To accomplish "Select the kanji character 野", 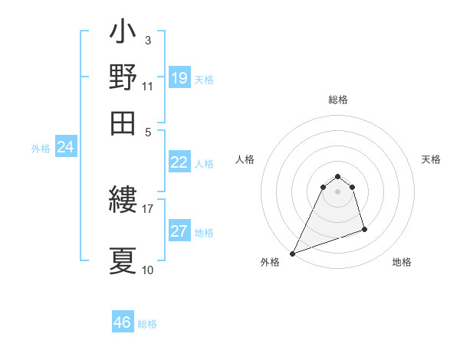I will tap(123, 77).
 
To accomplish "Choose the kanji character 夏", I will tap(123, 260).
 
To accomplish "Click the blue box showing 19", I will tap(179, 78).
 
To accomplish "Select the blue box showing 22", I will tap(179, 162).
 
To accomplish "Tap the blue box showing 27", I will tap(179, 232).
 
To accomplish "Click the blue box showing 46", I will tap(123, 322).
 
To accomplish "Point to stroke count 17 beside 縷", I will tap(147, 208).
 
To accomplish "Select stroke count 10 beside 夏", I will tap(147, 270).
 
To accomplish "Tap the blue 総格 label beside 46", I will tap(147, 324).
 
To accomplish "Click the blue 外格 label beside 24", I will tap(41, 149).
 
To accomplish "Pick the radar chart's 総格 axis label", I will tap(337, 100).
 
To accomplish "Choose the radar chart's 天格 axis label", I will tap(432, 159).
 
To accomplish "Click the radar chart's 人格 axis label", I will tap(245, 159).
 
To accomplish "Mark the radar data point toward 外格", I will tap(292, 254).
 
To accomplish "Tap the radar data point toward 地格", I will tap(364, 229).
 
